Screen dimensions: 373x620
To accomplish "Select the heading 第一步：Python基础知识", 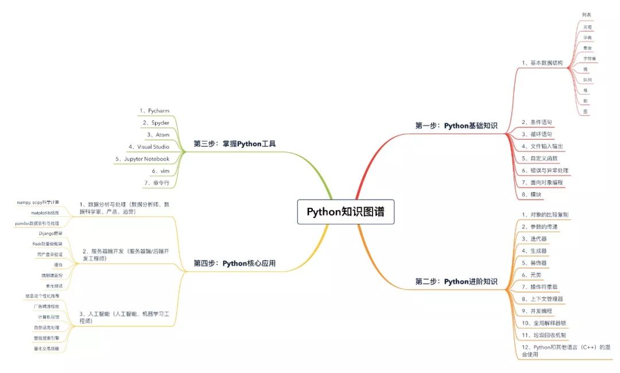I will tap(456, 125).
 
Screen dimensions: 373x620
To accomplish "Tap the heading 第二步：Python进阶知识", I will tap(456, 282).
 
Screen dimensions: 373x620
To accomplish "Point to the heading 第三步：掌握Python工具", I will tap(234, 143).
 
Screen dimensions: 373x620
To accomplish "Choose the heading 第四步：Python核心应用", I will tap(234, 263).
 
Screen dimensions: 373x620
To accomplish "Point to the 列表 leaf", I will tap(586, 14).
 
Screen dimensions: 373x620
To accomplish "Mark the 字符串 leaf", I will tap(590, 59).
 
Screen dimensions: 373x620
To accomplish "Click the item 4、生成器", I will tap(534, 250).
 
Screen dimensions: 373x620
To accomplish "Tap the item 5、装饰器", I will tap(534, 262).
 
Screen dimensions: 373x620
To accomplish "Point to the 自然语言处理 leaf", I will tap(46, 327).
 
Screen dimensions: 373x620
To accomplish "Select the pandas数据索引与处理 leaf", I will tap(37, 223).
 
